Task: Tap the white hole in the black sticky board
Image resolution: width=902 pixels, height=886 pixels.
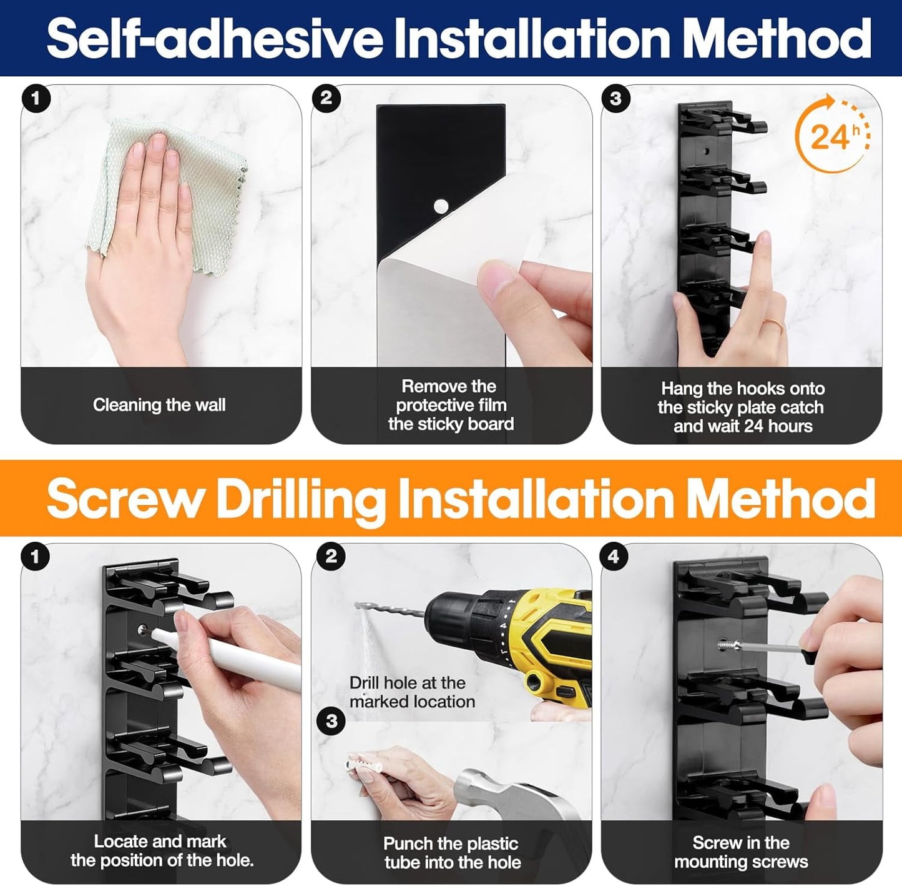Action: (x=441, y=205)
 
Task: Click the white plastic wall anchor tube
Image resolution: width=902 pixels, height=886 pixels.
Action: (x=363, y=767)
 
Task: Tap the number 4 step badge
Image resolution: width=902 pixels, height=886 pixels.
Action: (x=614, y=556)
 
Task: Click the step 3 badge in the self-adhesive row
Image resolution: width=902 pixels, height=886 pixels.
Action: (x=616, y=98)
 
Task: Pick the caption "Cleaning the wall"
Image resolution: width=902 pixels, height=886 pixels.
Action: (x=159, y=405)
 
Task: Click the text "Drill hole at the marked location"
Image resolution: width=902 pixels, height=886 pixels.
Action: (x=412, y=692)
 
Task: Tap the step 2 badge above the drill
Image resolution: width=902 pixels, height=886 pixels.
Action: (x=331, y=556)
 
